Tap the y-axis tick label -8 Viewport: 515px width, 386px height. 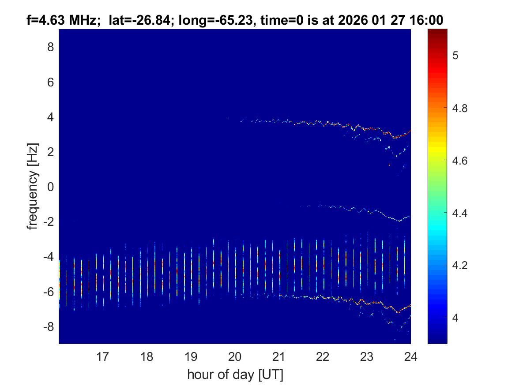[49, 327]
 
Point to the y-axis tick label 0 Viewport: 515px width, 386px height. [50, 187]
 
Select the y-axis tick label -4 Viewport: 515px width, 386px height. [49, 257]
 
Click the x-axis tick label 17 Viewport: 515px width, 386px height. [103, 356]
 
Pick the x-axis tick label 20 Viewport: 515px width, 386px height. [235, 356]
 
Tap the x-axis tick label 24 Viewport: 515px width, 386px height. [410, 356]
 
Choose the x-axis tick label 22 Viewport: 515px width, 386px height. [323, 356]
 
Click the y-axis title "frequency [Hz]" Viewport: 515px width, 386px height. [32, 186]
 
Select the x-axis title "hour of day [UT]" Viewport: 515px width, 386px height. [235, 375]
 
